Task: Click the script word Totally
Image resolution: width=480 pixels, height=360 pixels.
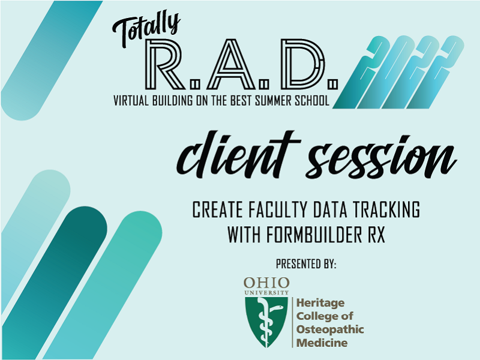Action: click(146, 29)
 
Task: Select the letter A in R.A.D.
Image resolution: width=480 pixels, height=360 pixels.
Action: click(231, 64)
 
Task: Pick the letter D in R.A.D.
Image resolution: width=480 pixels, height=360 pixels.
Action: click(302, 64)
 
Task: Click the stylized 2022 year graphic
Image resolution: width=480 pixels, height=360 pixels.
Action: click(398, 72)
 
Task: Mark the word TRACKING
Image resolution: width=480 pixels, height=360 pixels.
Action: click(386, 210)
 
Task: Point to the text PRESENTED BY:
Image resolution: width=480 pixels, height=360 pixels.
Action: click(306, 264)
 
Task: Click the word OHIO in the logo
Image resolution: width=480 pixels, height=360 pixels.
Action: click(266, 283)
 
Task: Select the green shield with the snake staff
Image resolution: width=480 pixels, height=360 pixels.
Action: click(266, 322)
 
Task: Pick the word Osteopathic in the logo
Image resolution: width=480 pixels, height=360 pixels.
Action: click(330, 330)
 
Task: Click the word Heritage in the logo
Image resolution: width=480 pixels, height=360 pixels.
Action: click(320, 304)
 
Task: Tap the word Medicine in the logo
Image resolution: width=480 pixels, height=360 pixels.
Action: click(322, 343)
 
